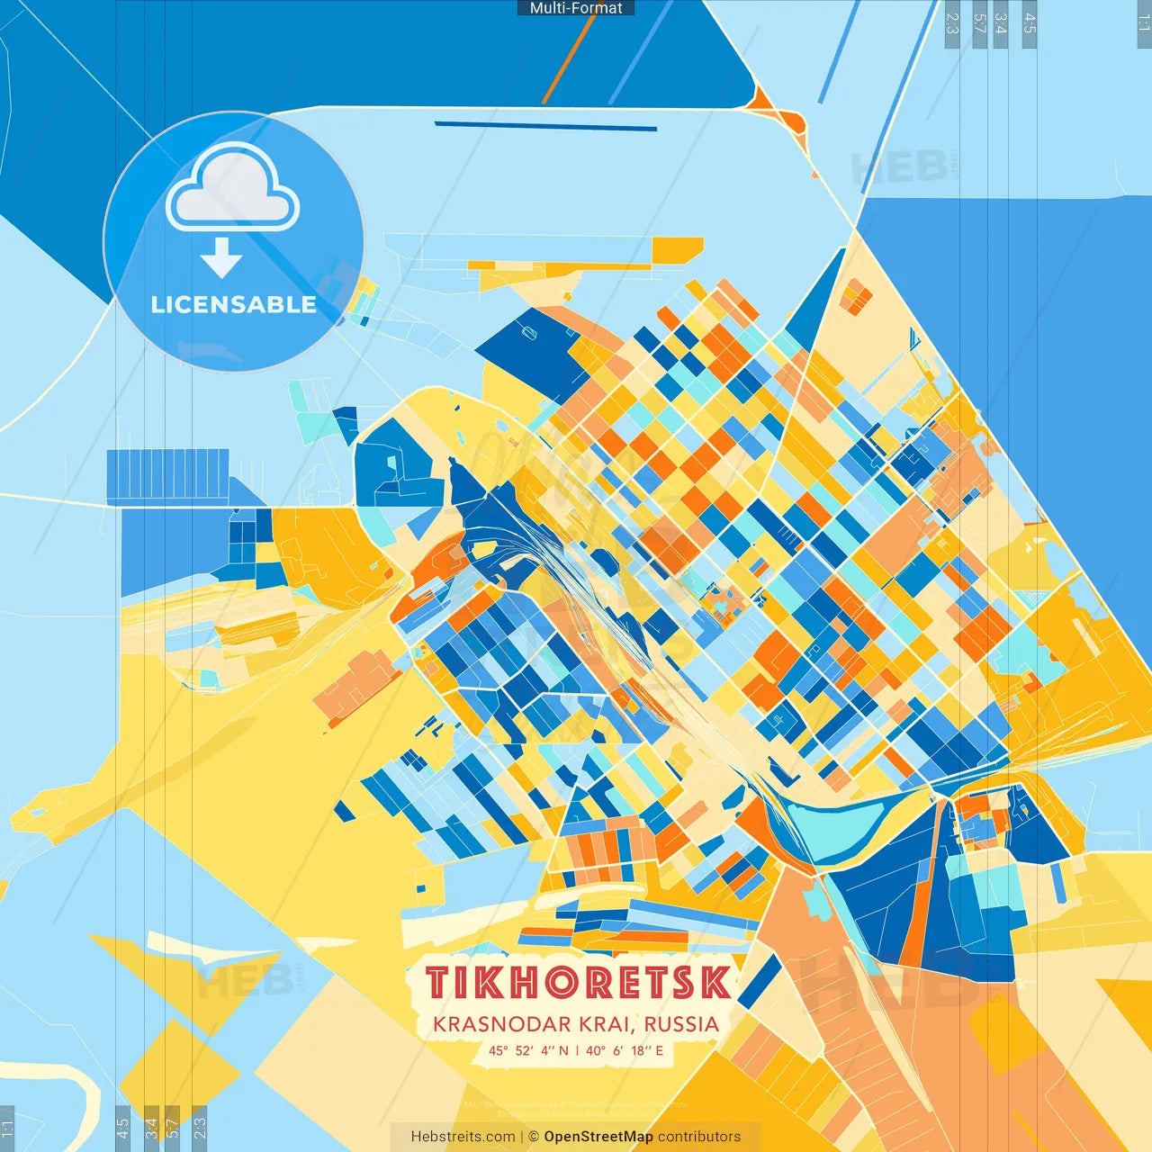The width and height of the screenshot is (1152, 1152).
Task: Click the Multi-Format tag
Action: point(576,8)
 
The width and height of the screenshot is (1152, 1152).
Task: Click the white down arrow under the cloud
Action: point(221,258)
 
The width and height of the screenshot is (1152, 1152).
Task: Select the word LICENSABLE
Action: point(234,304)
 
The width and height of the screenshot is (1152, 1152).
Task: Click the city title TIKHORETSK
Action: point(578,983)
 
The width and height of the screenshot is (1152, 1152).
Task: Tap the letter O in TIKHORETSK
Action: point(565,983)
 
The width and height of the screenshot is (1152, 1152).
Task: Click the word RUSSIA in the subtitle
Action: point(681,1024)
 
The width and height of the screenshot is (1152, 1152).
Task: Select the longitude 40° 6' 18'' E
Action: point(625,1050)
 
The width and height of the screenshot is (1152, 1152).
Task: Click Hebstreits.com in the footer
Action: point(463,1137)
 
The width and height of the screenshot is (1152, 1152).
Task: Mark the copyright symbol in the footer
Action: point(534,1137)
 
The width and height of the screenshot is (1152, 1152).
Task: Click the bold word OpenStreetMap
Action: point(598,1137)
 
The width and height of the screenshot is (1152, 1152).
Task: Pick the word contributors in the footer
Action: point(699,1137)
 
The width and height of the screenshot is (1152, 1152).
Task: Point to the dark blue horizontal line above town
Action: point(545,126)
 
